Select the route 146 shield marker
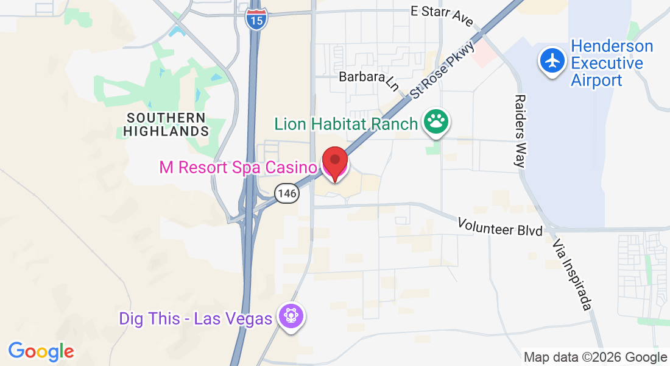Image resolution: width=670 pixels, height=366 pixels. tap(286, 193)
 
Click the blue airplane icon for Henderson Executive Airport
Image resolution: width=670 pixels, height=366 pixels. tap(552, 61)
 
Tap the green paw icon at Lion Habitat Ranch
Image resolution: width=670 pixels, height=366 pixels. tap(436, 123)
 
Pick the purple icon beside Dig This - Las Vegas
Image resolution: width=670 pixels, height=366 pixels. tap(291, 317)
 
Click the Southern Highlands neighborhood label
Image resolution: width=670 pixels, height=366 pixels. tap(166, 124)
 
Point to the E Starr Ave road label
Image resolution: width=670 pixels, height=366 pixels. tap(442, 15)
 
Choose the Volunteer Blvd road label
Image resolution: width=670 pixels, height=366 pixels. tap(500, 227)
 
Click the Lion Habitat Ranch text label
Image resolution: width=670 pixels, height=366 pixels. tap(346, 124)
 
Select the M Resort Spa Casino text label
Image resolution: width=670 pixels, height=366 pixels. tap(238, 167)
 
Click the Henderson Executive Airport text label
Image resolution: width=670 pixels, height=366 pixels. tap(612, 63)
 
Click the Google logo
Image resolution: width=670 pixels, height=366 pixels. tap(41, 351)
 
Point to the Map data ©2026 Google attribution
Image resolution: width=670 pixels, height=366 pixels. tap(595, 357)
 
